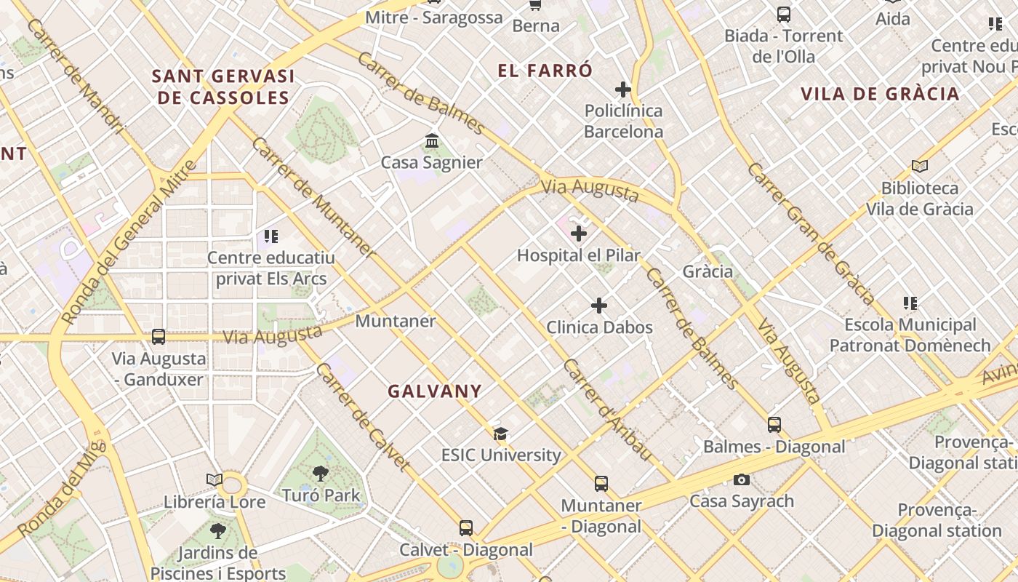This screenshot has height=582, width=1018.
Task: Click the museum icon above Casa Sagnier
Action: tap(432, 140)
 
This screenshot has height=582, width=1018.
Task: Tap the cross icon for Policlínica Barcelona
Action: tap(623, 89)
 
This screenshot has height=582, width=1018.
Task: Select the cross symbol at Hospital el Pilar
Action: tap(579, 234)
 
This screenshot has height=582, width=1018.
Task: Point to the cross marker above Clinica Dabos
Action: tap(599, 306)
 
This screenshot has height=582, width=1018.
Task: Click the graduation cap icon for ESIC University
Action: tap(500, 434)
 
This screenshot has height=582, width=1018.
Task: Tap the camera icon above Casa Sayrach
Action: tap(742, 479)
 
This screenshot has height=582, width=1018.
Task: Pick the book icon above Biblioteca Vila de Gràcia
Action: tap(920, 167)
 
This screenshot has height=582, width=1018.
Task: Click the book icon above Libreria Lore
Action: tap(214, 480)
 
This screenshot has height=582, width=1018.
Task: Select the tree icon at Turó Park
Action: tap(320, 474)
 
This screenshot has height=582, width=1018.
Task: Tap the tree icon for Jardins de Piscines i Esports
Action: tap(217, 531)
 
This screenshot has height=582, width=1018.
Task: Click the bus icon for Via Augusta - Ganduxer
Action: tap(159, 337)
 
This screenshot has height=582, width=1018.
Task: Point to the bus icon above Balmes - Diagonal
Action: tap(774, 425)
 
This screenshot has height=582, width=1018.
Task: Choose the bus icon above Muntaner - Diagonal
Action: tap(601, 484)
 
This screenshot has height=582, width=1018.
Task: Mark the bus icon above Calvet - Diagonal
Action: tap(466, 528)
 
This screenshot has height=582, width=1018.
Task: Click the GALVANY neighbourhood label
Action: tap(435, 391)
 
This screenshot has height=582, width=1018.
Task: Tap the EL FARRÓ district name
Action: tap(545, 71)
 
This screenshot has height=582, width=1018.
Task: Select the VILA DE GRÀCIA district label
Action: tap(880, 94)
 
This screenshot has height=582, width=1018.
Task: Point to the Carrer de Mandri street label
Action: tap(76, 76)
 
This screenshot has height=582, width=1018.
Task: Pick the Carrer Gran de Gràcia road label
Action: tap(811, 233)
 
